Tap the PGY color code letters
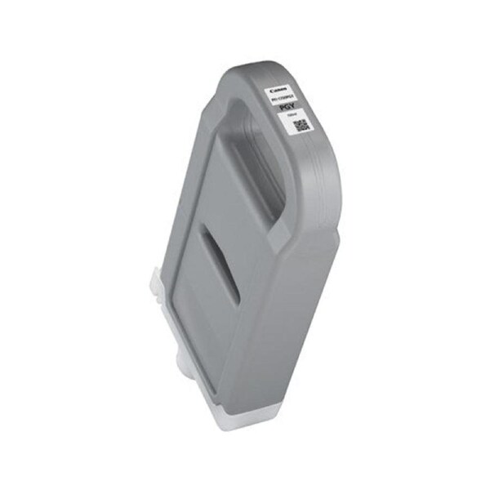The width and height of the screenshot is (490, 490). [285, 106]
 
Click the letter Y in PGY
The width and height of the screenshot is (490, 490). [292, 105]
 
